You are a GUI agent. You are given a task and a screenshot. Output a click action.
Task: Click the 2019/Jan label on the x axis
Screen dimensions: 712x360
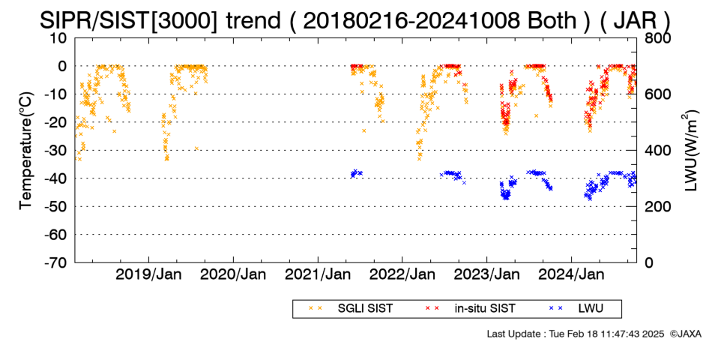tap(148, 274)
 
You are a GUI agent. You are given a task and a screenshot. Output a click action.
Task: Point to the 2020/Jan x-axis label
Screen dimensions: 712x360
tap(233, 274)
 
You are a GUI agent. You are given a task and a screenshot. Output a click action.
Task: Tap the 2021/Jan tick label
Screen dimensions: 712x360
tap(318, 274)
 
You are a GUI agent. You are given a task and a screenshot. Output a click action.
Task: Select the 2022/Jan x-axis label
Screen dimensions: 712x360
tap(402, 274)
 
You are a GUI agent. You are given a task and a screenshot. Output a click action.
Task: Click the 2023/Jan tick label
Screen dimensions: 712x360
tap(486, 274)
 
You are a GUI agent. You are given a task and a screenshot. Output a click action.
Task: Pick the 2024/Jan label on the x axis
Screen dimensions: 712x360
tap(571, 274)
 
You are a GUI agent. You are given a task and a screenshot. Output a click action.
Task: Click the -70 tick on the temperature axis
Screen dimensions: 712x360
tap(55, 262)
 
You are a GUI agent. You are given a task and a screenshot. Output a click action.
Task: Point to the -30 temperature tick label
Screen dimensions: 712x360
tap(55, 151)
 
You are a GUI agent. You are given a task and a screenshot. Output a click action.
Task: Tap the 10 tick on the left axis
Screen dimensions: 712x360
tap(58, 38)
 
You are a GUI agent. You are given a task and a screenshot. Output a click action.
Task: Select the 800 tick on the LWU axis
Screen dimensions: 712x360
tap(656, 38)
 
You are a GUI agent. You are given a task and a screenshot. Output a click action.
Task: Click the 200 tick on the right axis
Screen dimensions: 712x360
tap(656, 207)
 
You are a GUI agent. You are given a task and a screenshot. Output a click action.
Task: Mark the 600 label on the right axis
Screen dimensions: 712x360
tap(656, 94)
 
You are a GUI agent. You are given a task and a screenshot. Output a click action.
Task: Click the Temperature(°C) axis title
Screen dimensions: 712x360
tap(27, 151)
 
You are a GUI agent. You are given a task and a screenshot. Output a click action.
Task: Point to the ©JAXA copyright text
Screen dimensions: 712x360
tap(685, 334)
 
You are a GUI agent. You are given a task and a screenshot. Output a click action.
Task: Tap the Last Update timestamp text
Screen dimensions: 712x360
tap(576, 334)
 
